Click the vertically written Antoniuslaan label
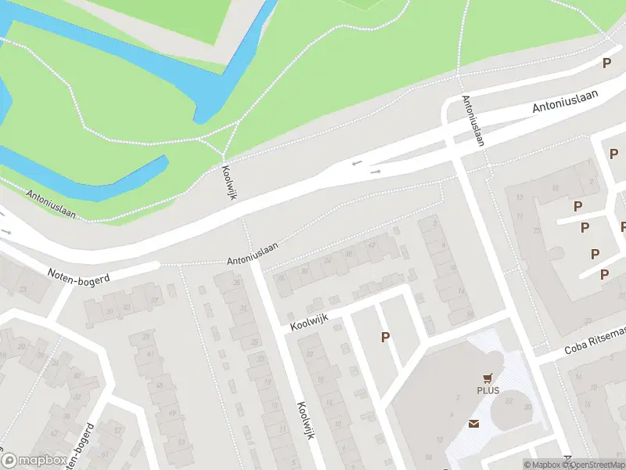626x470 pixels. [x=473, y=121]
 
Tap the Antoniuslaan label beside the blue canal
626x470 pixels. [x=51, y=204]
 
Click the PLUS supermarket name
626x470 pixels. [x=487, y=391]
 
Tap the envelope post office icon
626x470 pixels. [x=474, y=424]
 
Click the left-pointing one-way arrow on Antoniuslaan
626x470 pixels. [x=357, y=164]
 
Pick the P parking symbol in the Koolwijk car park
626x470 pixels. [x=384, y=337]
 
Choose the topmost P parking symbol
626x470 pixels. [x=606, y=63]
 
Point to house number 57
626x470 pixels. [x=117, y=428]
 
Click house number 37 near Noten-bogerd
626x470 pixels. [x=154, y=300]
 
